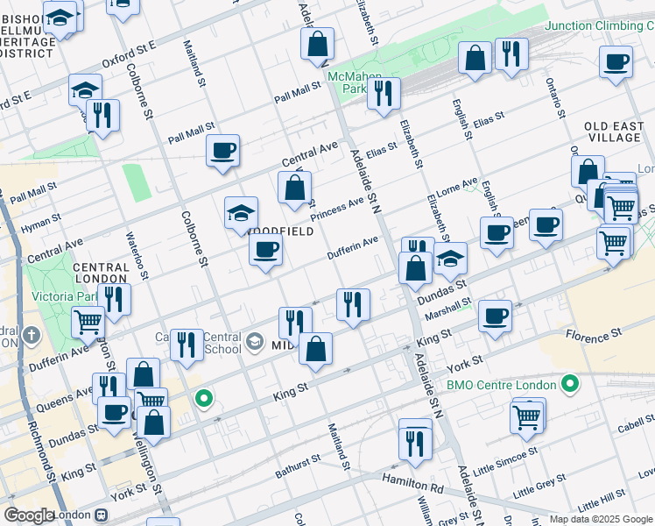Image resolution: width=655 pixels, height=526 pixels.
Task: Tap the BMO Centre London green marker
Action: pyautogui.click(x=570, y=384)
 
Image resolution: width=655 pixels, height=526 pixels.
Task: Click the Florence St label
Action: pyautogui.click(x=594, y=334)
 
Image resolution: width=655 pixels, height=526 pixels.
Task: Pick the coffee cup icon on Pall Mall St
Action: pyautogui.click(x=222, y=150)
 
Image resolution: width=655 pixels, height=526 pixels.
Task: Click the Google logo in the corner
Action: pyautogui.click(x=30, y=515)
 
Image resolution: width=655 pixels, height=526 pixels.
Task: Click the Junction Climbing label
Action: pyautogui.click(x=599, y=25)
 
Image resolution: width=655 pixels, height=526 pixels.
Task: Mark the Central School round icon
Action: pyautogui.click(x=254, y=341)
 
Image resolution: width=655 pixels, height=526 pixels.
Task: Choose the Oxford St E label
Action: pyautogui.click(x=128, y=59)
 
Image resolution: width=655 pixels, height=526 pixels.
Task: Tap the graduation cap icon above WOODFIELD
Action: pyautogui.click(x=241, y=213)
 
